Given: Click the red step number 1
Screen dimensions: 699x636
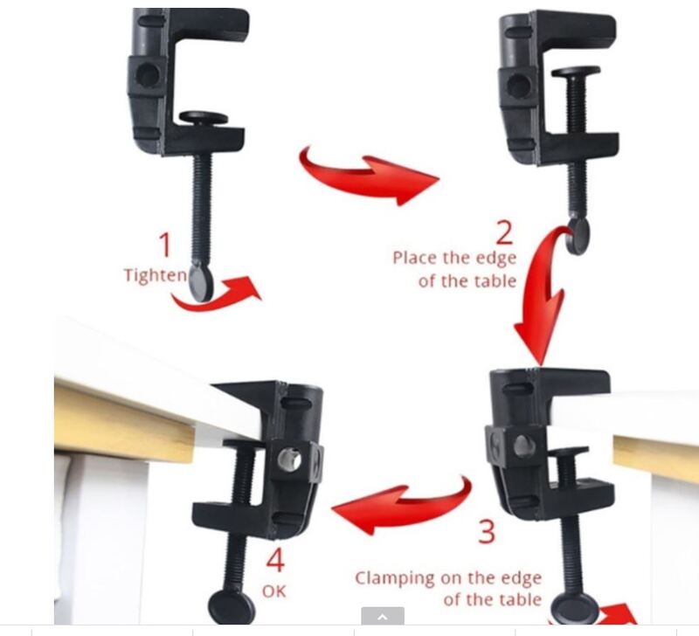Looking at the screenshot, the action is click(165, 245).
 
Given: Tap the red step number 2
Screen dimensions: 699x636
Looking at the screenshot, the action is click(504, 232).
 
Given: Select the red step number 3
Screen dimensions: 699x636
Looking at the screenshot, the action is click(487, 531).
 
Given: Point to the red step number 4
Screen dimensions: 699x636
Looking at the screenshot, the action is click(275, 560).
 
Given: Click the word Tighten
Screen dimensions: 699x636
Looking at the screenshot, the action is click(156, 275).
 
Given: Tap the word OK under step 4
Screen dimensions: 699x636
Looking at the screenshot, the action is click(274, 591).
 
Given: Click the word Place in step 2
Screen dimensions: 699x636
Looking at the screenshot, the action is click(414, 258).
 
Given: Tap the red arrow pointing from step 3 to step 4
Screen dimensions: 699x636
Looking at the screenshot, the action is click(401, 506).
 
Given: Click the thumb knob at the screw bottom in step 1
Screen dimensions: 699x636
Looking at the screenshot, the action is click(201, 283).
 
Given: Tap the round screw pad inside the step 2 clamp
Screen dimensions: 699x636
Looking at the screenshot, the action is click(576, 72).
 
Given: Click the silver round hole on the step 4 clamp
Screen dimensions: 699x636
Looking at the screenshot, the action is click(289, 460).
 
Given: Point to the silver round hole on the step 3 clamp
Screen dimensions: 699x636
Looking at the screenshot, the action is click(524, 446).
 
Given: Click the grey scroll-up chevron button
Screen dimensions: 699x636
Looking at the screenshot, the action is click(383, 616).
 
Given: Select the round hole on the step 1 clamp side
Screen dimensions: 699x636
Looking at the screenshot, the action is click(148, 73).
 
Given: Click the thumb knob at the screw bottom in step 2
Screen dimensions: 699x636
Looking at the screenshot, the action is click(578, 236).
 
